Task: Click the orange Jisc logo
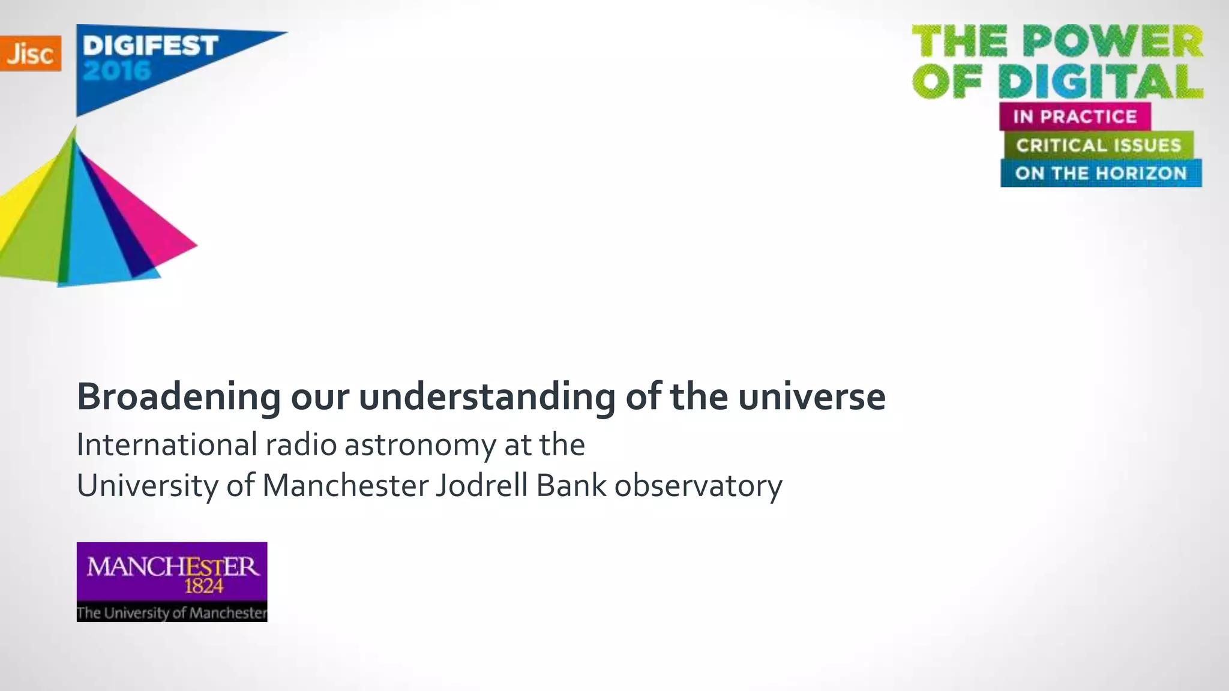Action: [30, 53]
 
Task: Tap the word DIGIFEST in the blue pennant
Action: [150, 46]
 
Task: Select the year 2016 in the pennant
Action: [117, 71]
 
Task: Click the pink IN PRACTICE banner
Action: [1075, 116]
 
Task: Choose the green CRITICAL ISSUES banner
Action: [1098, 145]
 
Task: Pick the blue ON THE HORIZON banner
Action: [1101, 173]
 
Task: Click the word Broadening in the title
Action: [179, 397]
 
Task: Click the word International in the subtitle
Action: [167, 445]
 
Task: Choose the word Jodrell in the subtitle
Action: [482, 486]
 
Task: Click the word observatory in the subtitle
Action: [698, 486]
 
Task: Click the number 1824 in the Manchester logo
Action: [203, 586]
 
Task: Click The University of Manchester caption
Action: [172, 612]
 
